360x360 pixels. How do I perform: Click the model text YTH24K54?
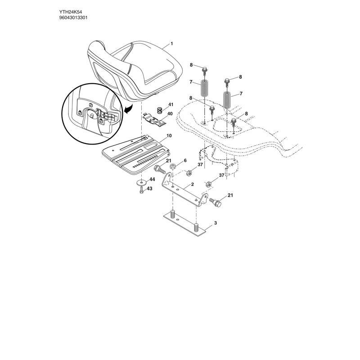click(71, 12)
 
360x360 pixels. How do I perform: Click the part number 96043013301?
click(73, 18)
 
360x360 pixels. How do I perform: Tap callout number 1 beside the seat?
click(171, 44)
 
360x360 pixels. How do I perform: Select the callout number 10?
click(169, 136)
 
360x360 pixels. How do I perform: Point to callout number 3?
click(216, 223)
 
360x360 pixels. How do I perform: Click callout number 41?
click(171, 104)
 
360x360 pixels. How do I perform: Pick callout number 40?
click(170, 114)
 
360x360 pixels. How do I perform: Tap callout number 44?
click(152, 179)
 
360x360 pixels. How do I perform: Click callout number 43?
click(149, 189)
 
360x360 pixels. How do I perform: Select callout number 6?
click(185, 161)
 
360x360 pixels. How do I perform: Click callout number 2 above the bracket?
click(193, 184)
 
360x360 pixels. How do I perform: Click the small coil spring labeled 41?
click(160, 110)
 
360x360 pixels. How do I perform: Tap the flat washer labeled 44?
click(141, 183)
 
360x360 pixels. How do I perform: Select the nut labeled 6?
click(173, 166)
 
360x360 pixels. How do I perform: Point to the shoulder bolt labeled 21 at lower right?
click(216, 202)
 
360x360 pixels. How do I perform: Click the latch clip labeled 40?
click(154, 120)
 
